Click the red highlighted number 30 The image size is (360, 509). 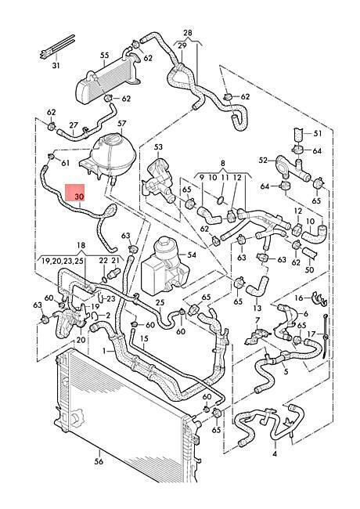[x=79, y=197]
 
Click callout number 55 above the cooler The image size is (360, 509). [x=104, y=55]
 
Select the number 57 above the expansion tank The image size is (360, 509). [x=121, y=124]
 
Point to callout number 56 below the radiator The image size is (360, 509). [x=99, y=461]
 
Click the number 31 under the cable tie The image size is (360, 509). [x=56, y=66]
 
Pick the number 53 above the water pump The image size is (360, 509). [x=158, y=147]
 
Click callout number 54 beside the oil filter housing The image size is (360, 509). [x=192, y=254]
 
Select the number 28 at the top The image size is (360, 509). [x=188, y=33]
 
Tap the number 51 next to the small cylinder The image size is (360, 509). [x=318, y=133]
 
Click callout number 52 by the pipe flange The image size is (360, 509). [x=263, y=160]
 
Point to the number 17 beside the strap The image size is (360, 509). [x=311, y=334]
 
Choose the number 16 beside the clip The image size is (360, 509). [x=299, y=298]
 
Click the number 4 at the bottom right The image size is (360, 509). [x=275, y=454]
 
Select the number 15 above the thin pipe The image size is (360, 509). [x=144, y=338]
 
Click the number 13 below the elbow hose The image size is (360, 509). [x=257, y=308]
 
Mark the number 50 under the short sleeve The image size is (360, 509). [x=309, y=269]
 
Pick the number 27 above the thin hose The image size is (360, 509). [x=74, y=125]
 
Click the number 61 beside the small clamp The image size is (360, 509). [x=66, y=163]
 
